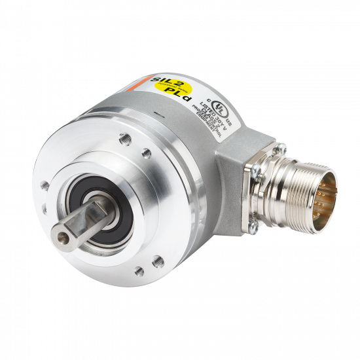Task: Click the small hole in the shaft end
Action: (x=67, y=237)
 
